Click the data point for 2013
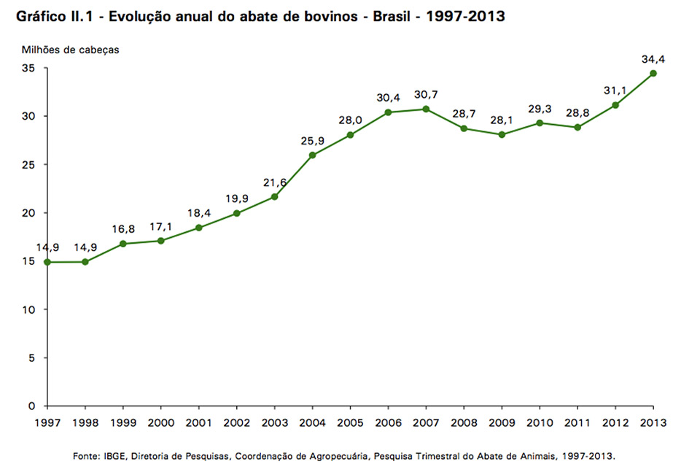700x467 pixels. pyautogui.click(x=653, y=73)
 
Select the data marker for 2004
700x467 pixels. pyautogui.click(x=312, y=155)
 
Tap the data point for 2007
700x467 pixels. pyautogui.click(x=426, y=109)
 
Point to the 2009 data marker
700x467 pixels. pyautogui.click(x=502, y=134)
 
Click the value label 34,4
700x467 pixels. pyautogui.click(x=653, y=58)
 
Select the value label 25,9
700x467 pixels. pyautogui.click(x=312, y=140)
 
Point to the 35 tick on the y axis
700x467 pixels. pyautogui.click(x=29, y=68)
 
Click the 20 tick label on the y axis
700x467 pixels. pyautogui.click(x=29, y=213)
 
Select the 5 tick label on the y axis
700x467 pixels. pyautogui.click(x=32, y=358)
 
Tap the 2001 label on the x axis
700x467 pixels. pyautogui.click(x=198, y=422)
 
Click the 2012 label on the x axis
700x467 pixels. pyautogui.click(x=615, y=422)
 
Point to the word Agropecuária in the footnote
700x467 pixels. pyautogui.click(x=334, y=456)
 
